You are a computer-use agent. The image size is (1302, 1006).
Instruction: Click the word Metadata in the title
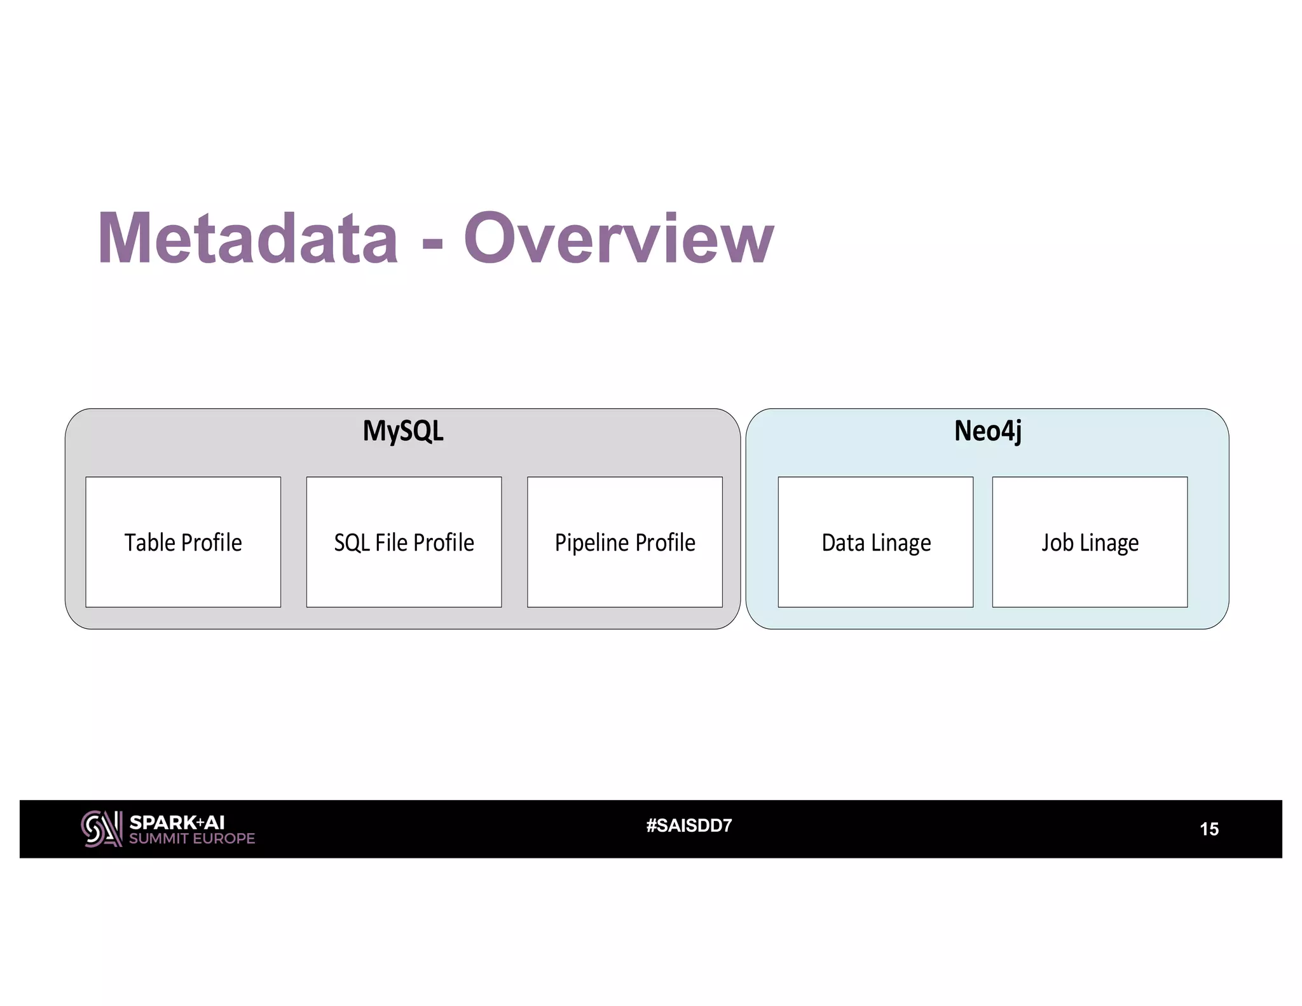click(248, 238)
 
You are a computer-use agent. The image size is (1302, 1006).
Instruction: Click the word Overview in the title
click(619, 238)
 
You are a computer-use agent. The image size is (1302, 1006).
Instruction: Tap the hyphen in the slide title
click(432, 242)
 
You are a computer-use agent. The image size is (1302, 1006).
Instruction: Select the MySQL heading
click(403, 431)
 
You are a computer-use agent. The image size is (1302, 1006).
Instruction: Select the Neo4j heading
click(987, 431)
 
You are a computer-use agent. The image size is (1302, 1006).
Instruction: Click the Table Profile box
click(183, 542)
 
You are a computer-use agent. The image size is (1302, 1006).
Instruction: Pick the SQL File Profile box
click(404, 542)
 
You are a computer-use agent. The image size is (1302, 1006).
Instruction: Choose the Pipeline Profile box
click(624, 542)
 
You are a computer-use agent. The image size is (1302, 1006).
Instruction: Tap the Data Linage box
click(875, 542)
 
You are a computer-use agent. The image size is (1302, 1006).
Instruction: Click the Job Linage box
click(1090, 542)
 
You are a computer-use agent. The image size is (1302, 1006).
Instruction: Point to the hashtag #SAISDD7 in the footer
click(689, 825)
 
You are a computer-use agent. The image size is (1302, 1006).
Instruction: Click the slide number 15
click(1209, 829)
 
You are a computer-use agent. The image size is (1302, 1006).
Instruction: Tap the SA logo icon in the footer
click(101, 829)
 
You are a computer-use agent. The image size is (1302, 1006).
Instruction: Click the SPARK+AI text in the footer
click(177, 822)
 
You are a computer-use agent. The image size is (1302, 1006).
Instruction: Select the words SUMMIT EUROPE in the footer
click(192, 839)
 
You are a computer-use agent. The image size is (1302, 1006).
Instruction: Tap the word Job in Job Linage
click(1057, 543)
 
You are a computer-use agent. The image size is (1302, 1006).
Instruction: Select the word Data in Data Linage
click(843, 543)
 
